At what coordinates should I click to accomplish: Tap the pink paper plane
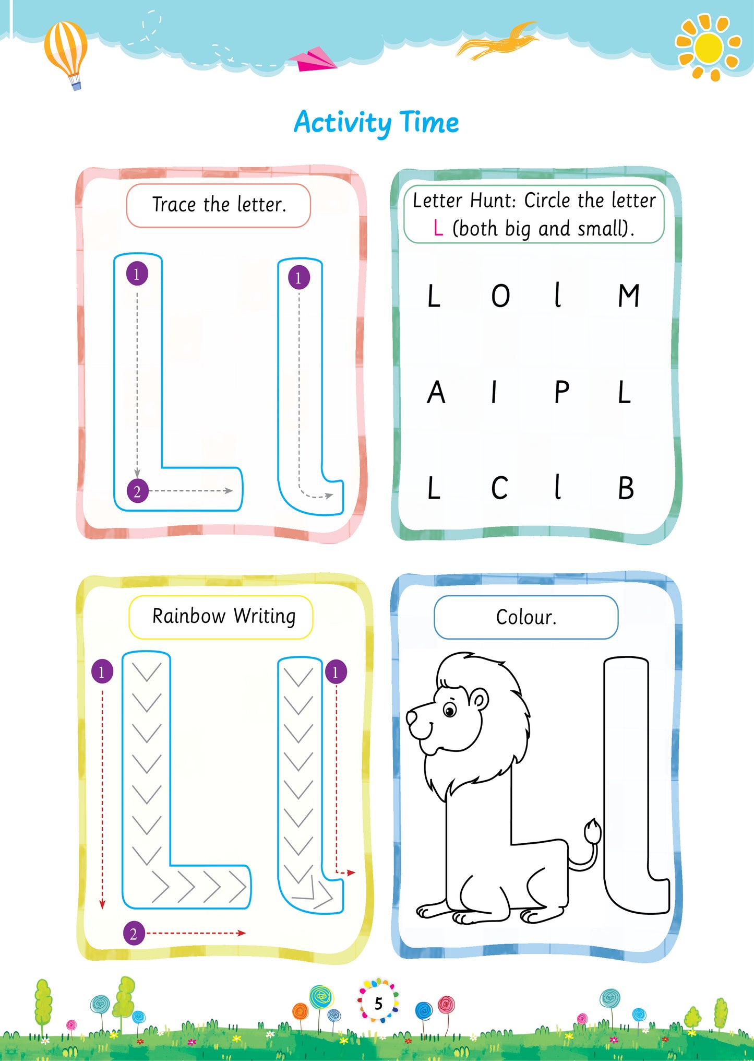[313, 60]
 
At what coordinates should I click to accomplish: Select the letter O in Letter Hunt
[500, 296]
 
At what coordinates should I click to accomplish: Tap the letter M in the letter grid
[628, 296]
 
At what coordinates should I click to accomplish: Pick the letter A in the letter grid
[436, 393]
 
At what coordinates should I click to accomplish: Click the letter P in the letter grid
[561, 393]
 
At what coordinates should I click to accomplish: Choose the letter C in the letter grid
[499, 489]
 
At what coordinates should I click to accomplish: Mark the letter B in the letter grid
[626, 489]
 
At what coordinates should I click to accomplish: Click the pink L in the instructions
[438, 228]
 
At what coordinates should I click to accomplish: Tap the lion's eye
[449, 710]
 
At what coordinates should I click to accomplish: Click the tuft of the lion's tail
[592, 830]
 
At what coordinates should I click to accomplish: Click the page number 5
[378, 1003]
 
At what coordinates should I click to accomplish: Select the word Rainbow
[189, 616]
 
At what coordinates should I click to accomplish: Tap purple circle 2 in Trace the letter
[137, 491]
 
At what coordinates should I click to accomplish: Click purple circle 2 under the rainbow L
[134, 933]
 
